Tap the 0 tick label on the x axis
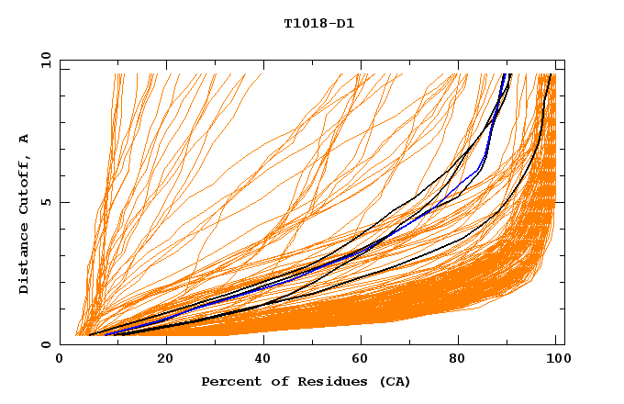click(x=60, y=360)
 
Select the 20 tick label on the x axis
click(x=159, y=360)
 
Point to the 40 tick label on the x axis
click(x=259, y=360)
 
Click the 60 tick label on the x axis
click(x=358, y=360)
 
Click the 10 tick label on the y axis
click(x=44, y=60)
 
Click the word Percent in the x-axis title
click(x=229, y=381)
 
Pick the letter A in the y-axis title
click(x=25, y=139)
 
